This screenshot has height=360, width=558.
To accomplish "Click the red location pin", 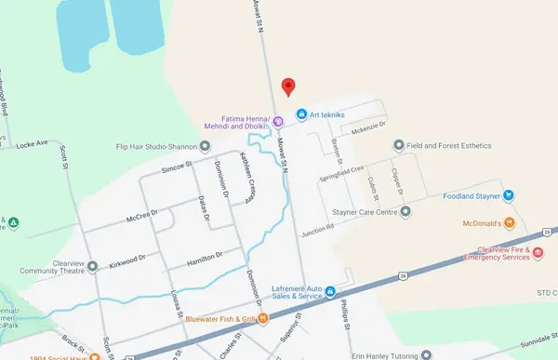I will point(288,86).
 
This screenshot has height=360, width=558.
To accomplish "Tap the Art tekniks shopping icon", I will point(301,114).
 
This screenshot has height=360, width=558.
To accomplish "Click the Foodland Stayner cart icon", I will point(509,195).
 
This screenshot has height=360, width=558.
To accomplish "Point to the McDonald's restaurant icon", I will point(509,223).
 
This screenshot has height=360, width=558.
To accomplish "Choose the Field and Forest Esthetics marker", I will point(399,144).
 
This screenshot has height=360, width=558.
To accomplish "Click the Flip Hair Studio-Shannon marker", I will point(205,146).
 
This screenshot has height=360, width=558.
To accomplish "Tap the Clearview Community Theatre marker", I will point(92,267).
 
